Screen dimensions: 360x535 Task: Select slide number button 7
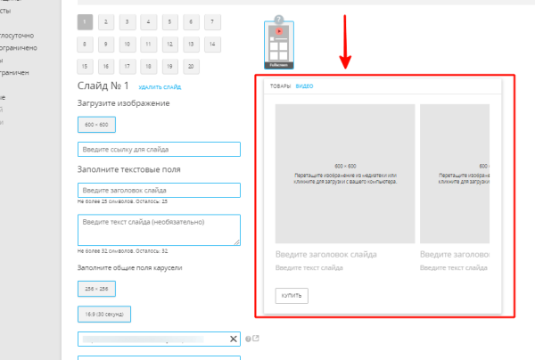(212, 20)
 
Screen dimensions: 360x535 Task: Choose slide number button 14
(212, 43)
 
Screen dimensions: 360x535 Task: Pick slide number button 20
(191, 66)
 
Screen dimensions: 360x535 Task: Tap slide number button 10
(128, 43)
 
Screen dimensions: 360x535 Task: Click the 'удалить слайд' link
(160, 87)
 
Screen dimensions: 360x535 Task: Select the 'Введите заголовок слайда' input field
(160, 190)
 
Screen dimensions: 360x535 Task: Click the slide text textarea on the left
(160, 229)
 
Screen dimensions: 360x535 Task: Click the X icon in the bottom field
(235, 339)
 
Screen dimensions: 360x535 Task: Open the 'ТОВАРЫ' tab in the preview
(280, 86)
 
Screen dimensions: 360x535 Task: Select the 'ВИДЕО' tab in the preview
(304, 86)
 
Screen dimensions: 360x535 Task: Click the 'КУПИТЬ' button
(292, 295)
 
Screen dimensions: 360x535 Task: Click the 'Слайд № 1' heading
(104, 86)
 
